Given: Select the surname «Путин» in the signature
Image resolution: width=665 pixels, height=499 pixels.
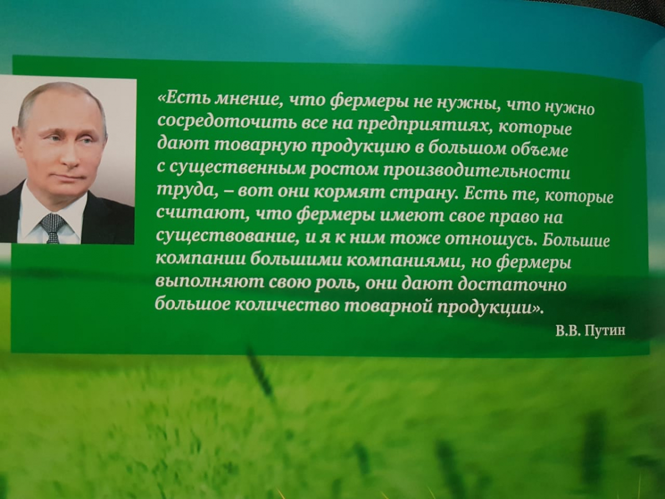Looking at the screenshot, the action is pos(606,330).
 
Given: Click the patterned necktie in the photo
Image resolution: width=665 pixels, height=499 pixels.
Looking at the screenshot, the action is pos(52,227).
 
